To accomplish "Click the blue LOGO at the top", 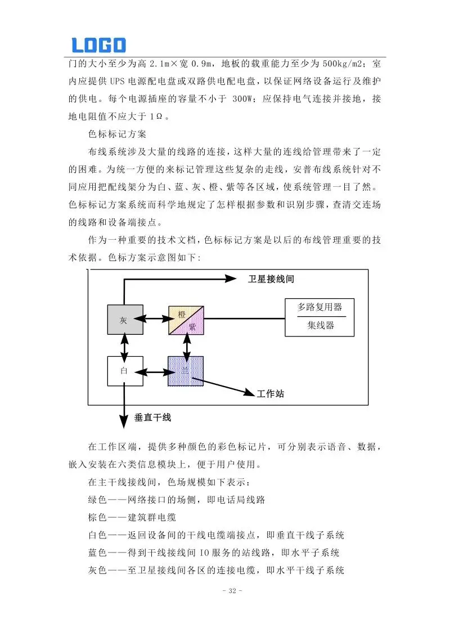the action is pos(99,44).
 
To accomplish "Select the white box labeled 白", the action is pos(125,371).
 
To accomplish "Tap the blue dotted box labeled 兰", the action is pos(186,371).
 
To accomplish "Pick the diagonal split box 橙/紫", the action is pos(186,321).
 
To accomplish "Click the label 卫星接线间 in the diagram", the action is pos(271,279).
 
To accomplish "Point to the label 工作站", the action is pos(270,394).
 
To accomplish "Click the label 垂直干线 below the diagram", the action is pos(152,418).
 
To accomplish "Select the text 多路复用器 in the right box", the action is pos(319,307).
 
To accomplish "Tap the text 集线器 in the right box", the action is pos(320,326).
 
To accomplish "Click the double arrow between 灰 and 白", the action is pos(124,346).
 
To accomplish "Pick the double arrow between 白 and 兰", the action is pos(155,371).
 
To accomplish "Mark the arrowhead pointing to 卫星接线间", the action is pos(232,277).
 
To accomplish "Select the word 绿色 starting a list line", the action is pos(99,500).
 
